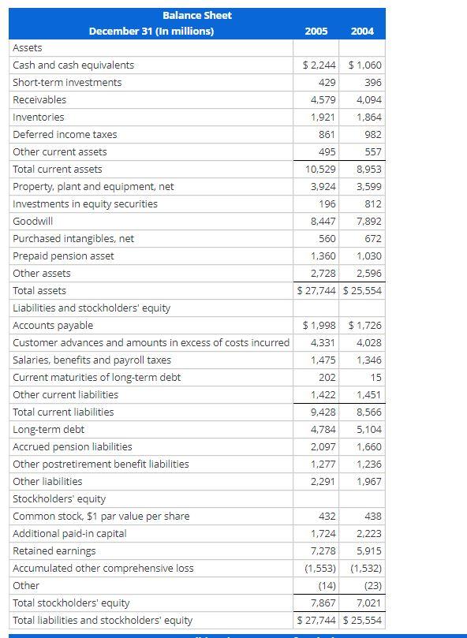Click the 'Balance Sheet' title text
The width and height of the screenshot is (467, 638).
[196, 15]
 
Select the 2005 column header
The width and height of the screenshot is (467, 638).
[316, 32]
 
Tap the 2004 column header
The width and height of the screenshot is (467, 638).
[362, 32]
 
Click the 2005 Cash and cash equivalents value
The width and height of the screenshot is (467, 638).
[319, 65]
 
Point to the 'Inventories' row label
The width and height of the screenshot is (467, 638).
[39, 118]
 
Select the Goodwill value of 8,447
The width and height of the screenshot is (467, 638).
[323, 222]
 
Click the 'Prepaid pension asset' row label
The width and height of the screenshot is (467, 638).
[63, 256]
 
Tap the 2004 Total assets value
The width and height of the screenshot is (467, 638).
[364, 291]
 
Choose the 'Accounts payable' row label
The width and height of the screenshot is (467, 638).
[53, 326]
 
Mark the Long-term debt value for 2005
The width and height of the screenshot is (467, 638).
[323, 430]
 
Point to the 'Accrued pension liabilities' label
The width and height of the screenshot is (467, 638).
[73, 447]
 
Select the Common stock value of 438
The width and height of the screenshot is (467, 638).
[373, 517]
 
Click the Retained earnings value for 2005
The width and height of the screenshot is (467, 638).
[323, 551]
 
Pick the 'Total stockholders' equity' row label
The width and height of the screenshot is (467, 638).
[71, 603]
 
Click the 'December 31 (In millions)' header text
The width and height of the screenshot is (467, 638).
[151, 32]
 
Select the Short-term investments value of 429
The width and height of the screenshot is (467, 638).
[327, 83]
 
